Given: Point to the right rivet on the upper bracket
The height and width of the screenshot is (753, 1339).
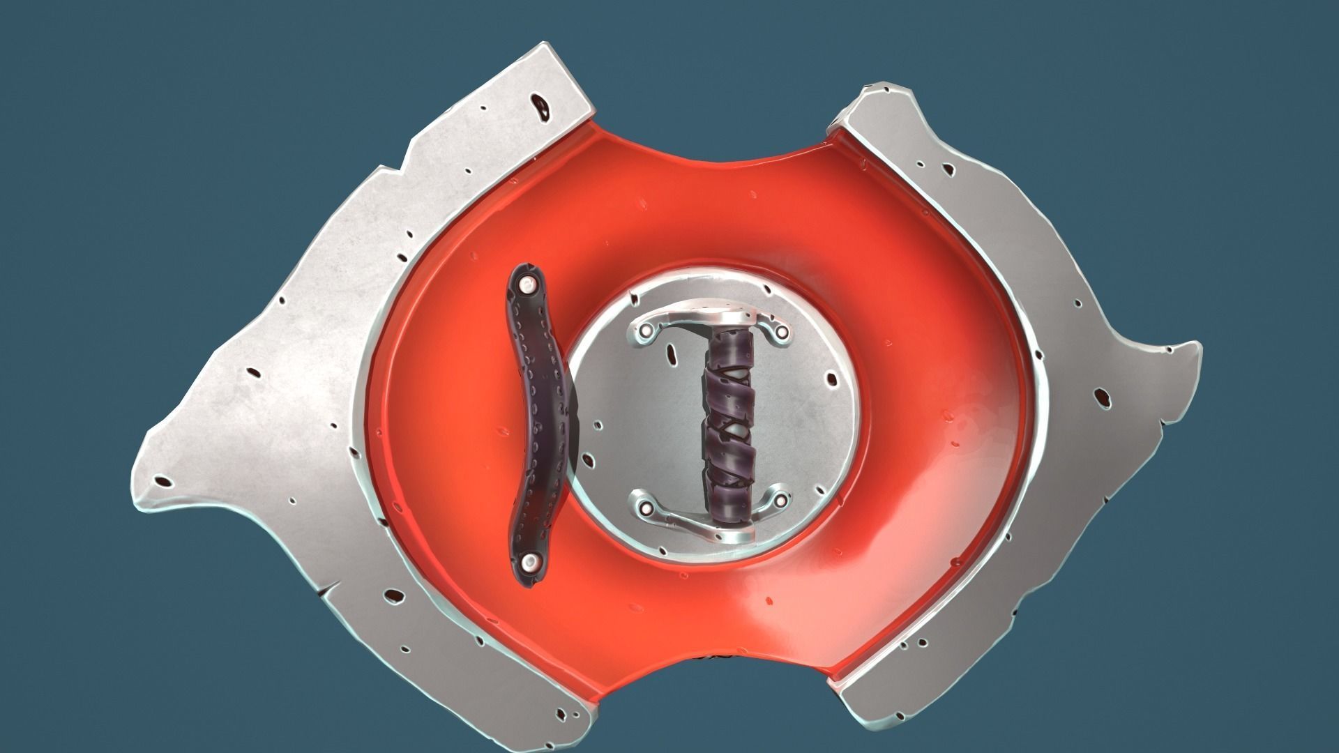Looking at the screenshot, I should coord(781,332).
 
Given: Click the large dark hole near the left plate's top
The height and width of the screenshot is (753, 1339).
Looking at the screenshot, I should coord(540,105).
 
